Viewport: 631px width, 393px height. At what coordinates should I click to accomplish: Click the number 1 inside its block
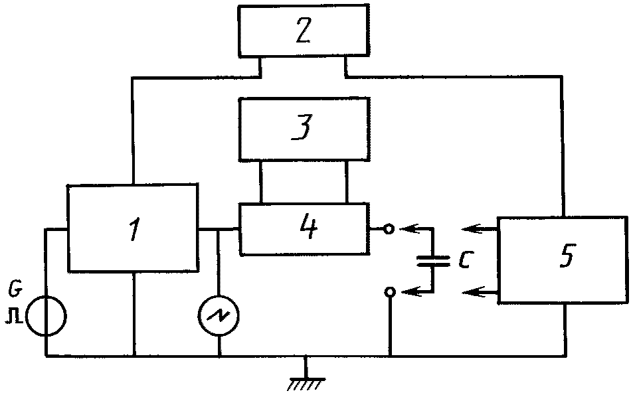coord(134,228)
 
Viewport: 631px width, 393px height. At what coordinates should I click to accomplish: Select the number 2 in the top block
coord(304,31)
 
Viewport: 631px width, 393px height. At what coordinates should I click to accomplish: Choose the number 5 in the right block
coord(567,255)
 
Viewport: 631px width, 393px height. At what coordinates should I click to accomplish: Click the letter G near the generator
coord(15,289)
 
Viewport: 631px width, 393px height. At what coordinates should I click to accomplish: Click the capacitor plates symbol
coord(433,261)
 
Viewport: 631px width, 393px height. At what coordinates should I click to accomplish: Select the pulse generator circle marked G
coord(46,316)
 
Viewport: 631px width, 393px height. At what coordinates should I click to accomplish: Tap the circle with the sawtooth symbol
coord(219,316)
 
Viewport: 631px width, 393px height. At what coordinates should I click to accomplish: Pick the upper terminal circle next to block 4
coord(389,229)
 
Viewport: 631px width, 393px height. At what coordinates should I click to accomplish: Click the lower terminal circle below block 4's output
coord(389,292)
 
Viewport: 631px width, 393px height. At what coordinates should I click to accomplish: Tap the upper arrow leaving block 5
coord(480,229)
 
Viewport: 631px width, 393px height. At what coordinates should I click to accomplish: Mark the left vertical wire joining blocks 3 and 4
coord(261,182)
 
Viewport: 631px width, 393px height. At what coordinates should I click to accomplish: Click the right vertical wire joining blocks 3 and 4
coord(347,182)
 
